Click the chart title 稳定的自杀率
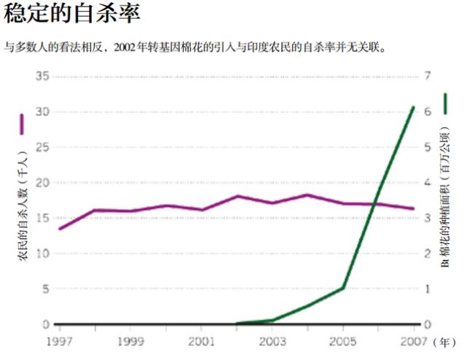(x=65, y=12)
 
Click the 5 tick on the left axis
(x=45, y=289)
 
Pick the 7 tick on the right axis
(x=428, y=77)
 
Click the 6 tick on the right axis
(x=428, y=111)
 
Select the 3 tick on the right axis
(x=428, y=218)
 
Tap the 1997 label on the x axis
(x=60, y=341)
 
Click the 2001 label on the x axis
(x=201, y=341)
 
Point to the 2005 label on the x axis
(x=343, y=341)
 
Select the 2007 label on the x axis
(x=414, y=341)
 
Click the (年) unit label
(x=444, y=341)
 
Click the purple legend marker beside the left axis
(x=22, y=124)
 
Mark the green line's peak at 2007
(x=414, y=107)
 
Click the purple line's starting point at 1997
(x=60, y=229)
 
